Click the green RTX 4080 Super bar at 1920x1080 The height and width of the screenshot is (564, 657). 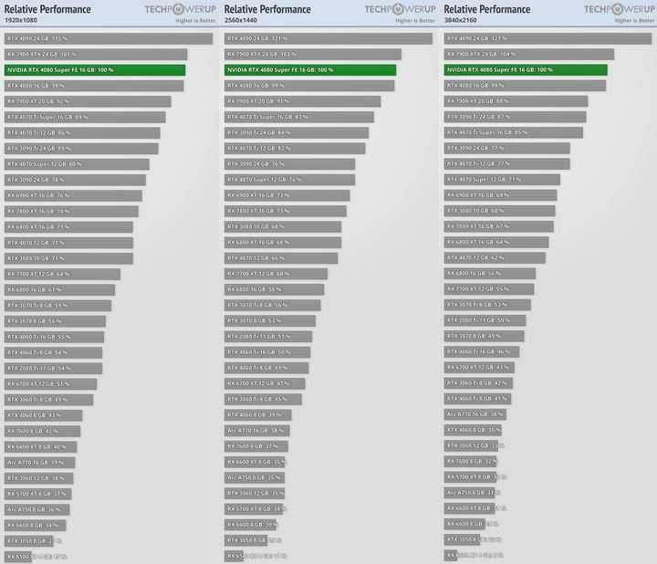(95, 69)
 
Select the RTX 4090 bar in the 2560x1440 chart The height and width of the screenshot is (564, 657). (328, 38)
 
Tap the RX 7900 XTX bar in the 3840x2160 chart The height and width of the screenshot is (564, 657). (528, 54)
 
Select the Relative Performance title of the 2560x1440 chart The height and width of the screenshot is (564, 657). (267, 9)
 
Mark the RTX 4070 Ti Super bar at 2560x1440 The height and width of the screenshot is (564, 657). (298, 117)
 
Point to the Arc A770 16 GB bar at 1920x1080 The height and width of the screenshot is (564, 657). (40, 463)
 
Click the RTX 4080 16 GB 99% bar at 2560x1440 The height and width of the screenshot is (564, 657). (309, 86)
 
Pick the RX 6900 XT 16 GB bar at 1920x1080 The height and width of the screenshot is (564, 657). (73, 195)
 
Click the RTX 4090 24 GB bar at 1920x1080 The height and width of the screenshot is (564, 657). (109, 38)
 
